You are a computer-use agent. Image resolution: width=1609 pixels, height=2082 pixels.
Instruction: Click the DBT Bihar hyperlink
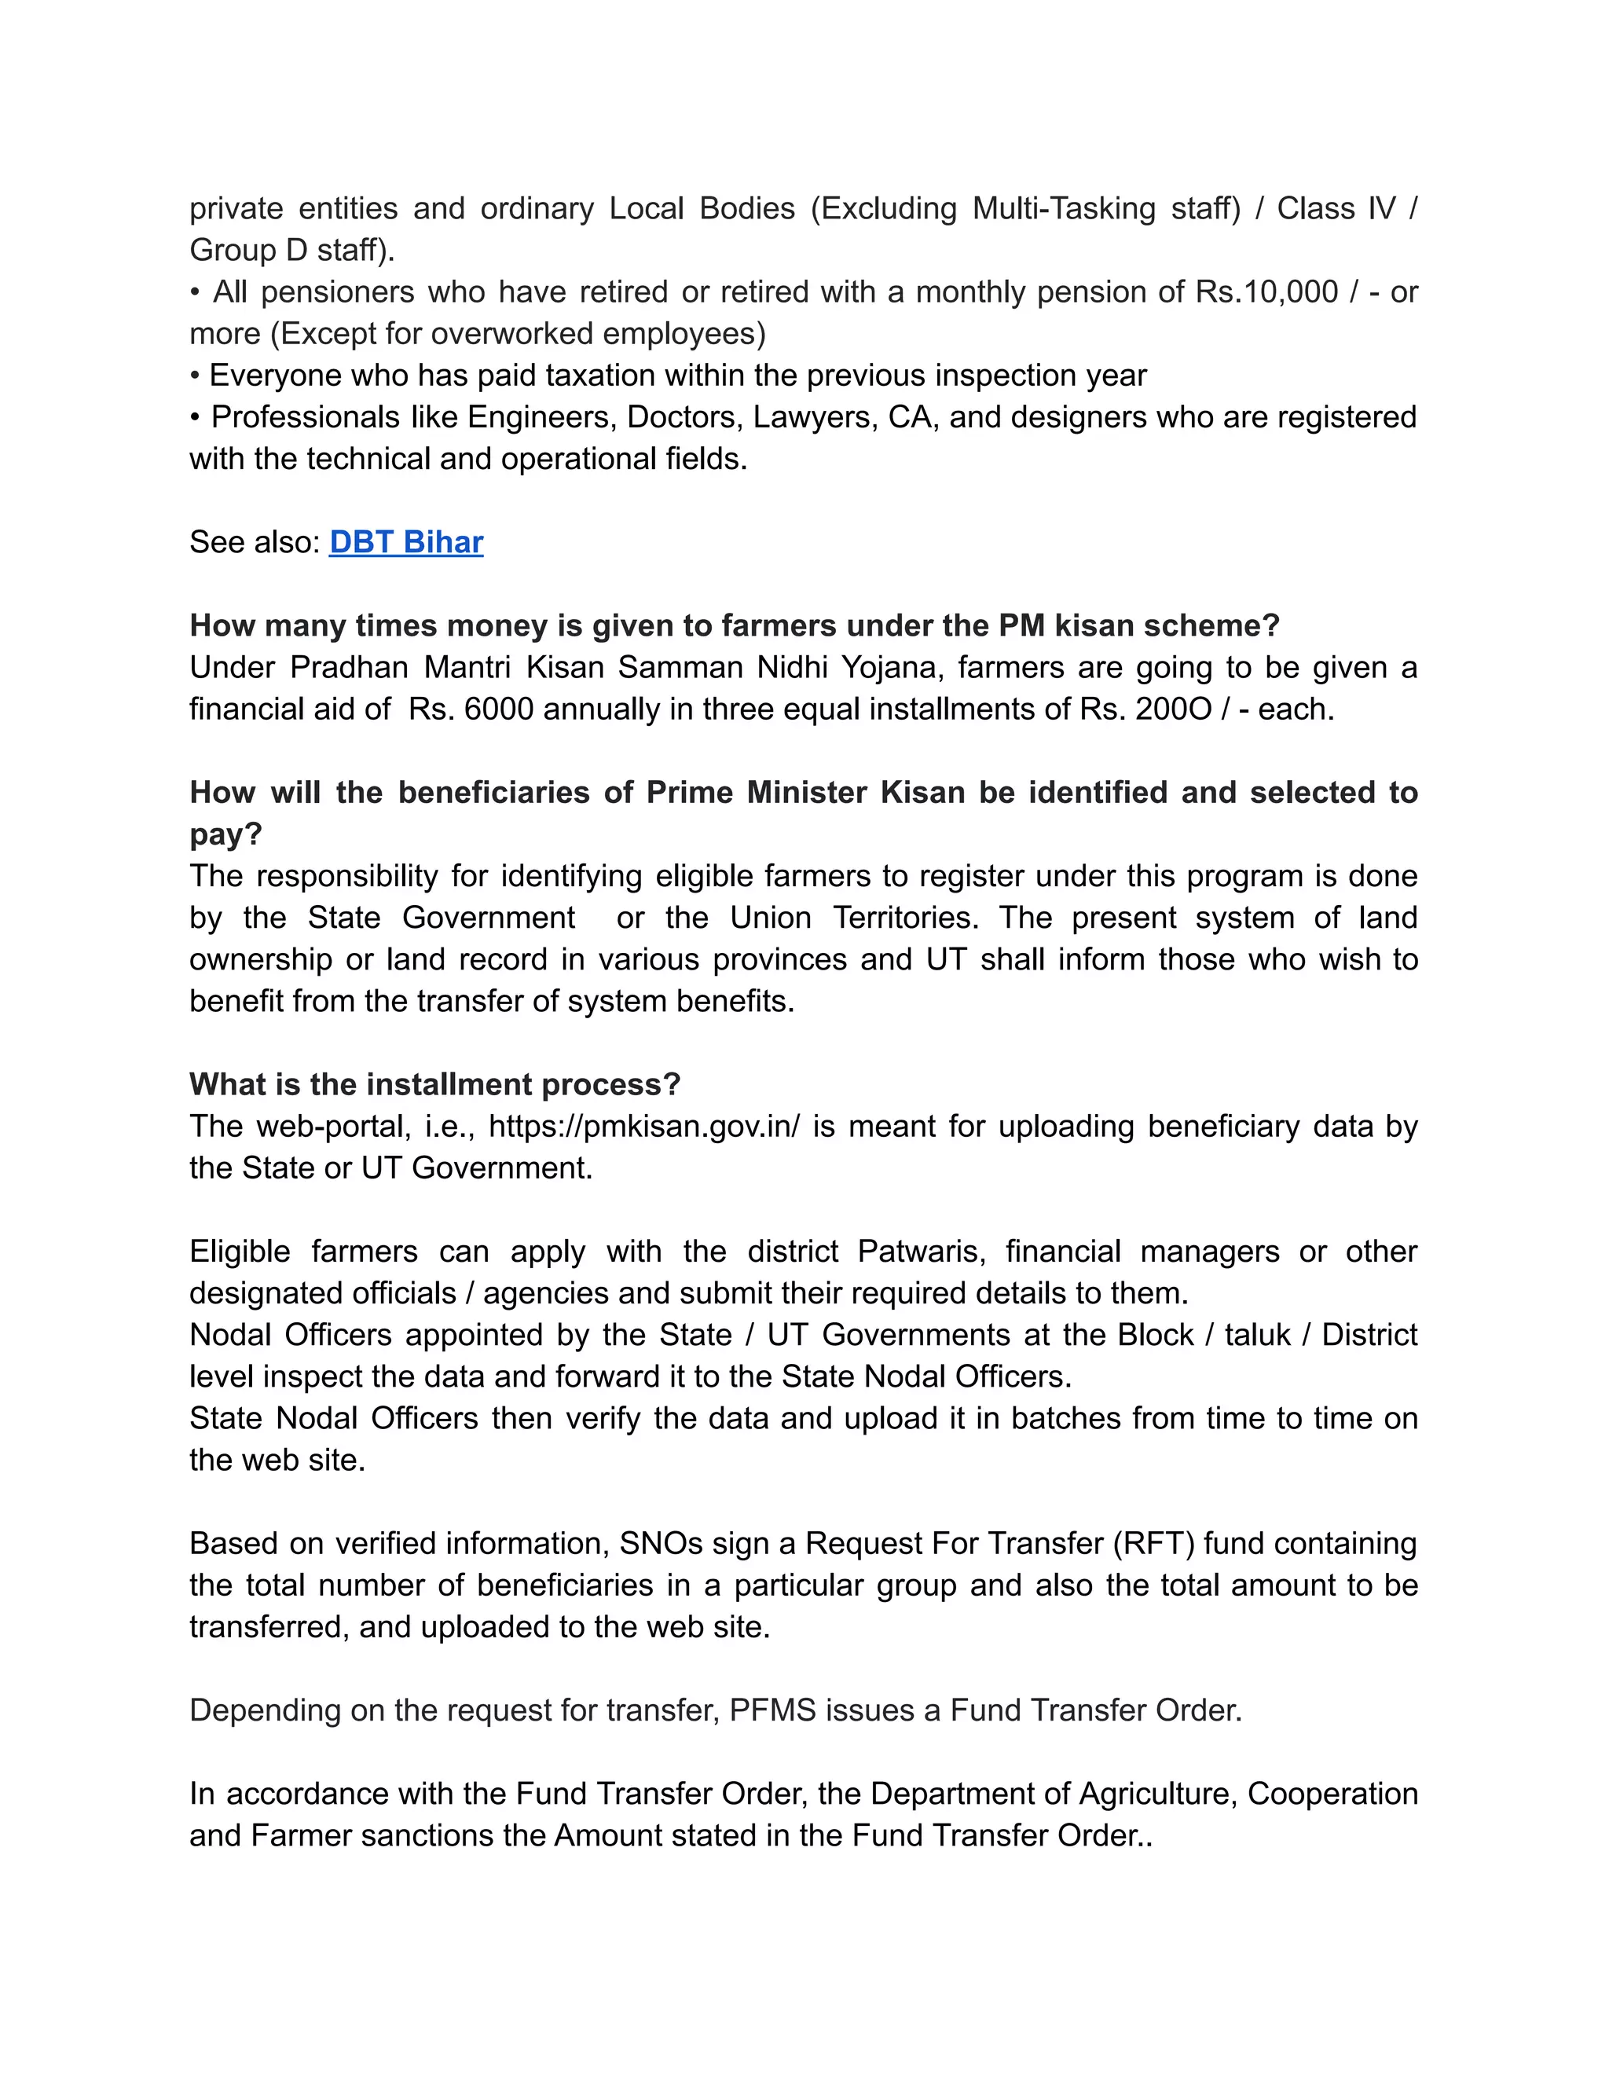pyautogui.click(x=406, y=542)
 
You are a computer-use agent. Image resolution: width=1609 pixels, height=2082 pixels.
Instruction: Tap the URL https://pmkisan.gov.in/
pyautogui.click(x=644, y=1127)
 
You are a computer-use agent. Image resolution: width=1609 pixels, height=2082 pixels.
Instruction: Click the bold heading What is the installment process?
pyautogui.click(x=434, y=1085)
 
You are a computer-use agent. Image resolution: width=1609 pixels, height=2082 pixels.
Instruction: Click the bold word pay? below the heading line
pyautogui.click(x=225, y=835)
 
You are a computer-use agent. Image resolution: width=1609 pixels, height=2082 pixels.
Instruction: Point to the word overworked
pyautogui.click(x=509, y=334)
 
